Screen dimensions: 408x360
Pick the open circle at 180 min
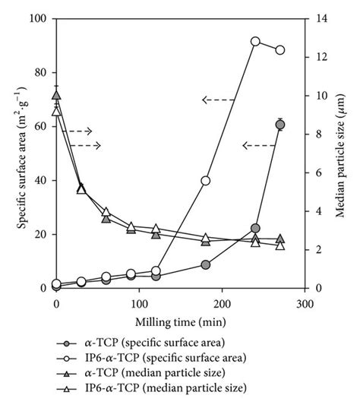coord(206,181)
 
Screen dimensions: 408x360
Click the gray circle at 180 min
coord(206,264)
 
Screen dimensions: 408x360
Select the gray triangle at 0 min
coord(56,95)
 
